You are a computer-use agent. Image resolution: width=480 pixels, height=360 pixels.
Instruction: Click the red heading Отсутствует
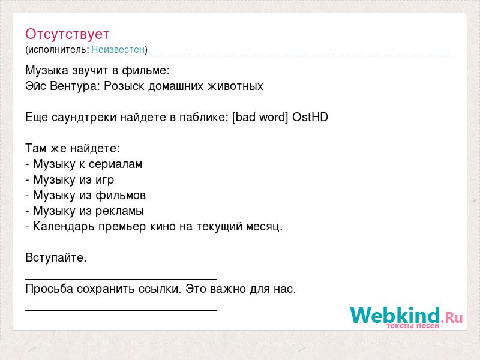pyautogui.click(x=67, y=34)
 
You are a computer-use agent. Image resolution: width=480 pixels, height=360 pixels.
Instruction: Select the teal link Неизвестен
pyautogui.click(x=118, y=49)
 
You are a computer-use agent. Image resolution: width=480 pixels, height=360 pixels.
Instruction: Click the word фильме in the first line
pyautogui.click(x=146, y=71)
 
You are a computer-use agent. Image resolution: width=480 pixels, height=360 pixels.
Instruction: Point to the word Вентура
pyautogui.click(x=75, y=86)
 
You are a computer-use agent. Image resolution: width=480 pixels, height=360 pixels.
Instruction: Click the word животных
pyautogui.click(x=236, y=86)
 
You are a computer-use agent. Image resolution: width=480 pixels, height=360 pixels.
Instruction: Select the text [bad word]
pyautogui.click(x=260, y=117)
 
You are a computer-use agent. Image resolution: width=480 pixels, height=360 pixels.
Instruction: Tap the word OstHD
pyautogui.click(x=310, y=117)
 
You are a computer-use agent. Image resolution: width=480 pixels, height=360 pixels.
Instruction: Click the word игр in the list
pyautogui.click(x=104, y=180)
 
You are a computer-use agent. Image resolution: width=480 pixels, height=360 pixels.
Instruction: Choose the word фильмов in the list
pyautogui.click(x=121, y=196)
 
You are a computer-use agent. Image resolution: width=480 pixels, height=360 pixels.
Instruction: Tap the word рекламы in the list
pyautogui.click(x=119, y=211)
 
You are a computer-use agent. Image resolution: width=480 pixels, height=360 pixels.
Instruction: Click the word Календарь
pyautogui.click(x=64, y=227)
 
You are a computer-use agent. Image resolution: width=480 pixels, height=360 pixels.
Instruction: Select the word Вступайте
pyautogui.click(x=56, y=258)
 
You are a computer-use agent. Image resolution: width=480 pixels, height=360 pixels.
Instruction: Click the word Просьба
pyautogui.click(x=49, y=289)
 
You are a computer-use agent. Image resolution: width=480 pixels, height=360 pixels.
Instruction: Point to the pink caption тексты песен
pyautogui.click(x=413, y=326)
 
